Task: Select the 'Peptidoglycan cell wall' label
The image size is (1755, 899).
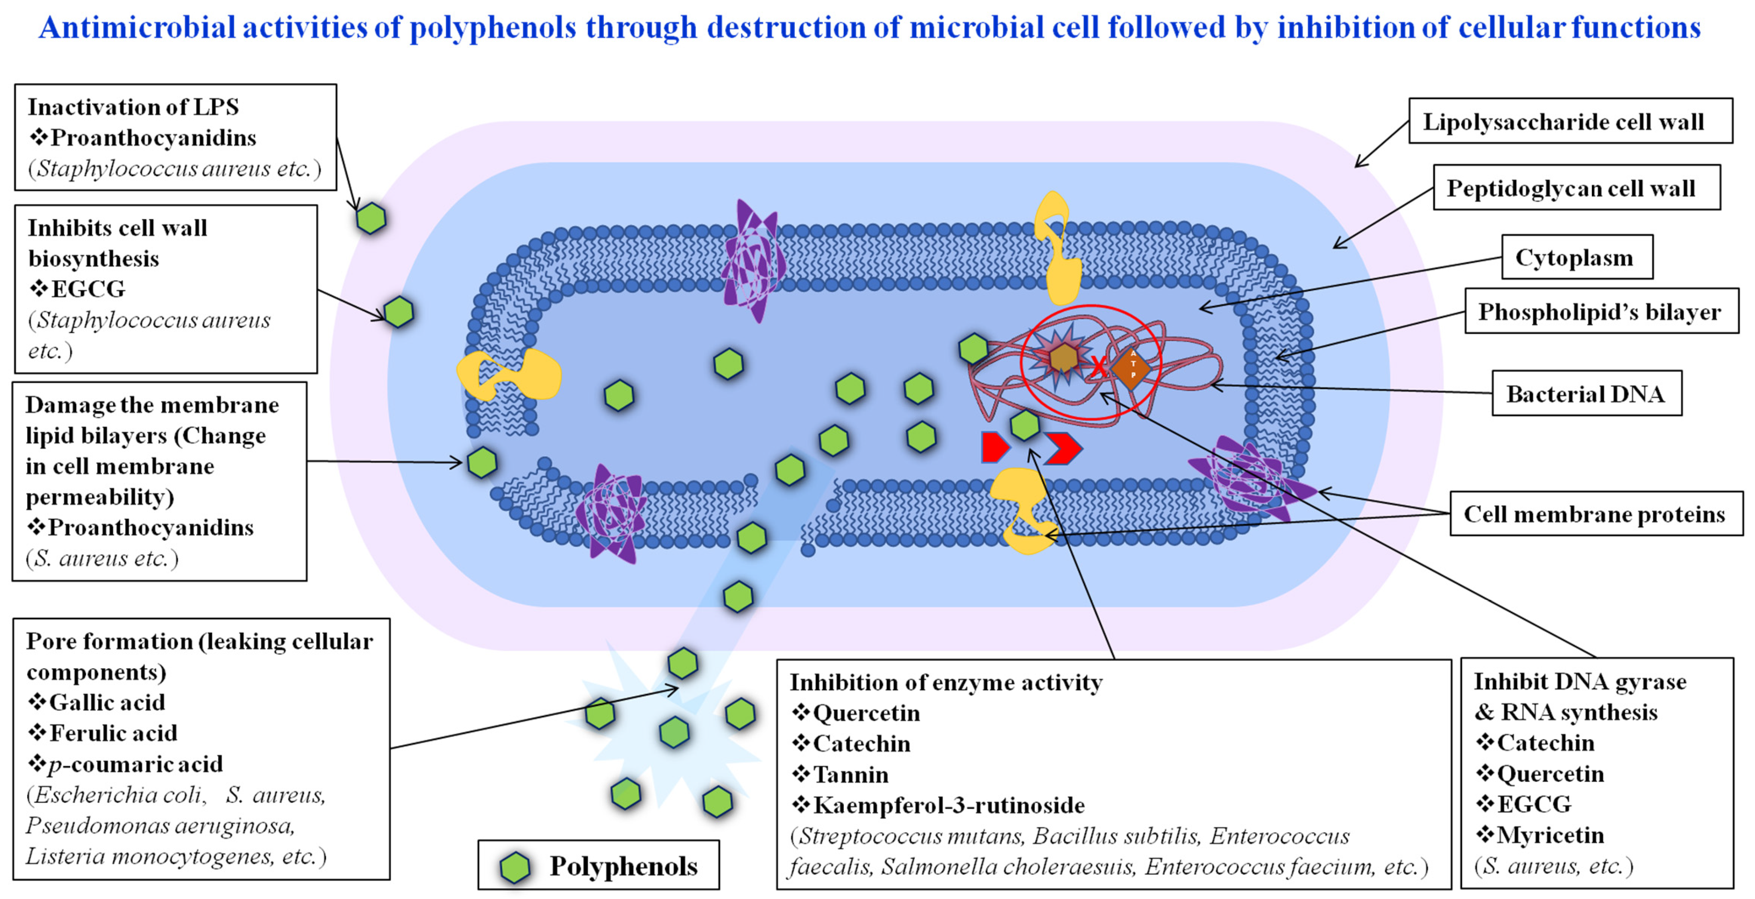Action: [x=1576, y=188]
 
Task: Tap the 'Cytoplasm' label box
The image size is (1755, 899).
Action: [x=1576, y=257]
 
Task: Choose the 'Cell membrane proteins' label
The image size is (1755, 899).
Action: [x=1595, y=514]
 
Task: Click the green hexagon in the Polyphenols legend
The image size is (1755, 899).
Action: [x=515, y=868]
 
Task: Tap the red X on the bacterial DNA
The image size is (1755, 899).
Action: [x=1098, y=366]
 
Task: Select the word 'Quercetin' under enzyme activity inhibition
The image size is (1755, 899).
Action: [x=866, y=713]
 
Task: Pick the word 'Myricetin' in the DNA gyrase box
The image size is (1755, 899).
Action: [x=1550, y=835]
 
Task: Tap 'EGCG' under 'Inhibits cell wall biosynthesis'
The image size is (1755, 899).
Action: [x=88, y=289]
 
